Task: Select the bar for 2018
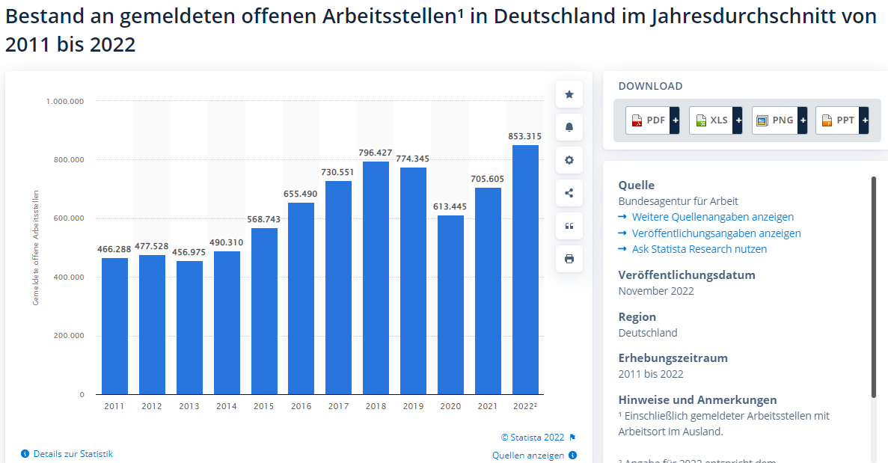click(x=376, y=278)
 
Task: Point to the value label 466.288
click(x=114, y=249)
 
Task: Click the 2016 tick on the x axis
click(x=301, y=406)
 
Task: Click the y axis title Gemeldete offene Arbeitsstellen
click(x=36, y=248)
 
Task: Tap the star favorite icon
click(x=569, y=94)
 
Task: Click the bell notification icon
click(x=569, y=127)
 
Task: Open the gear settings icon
click(x=569, y=160)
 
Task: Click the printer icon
click(x=569, y=259)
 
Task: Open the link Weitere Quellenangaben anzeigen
click(x=712, y=217)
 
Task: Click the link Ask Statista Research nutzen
click(x=699, y=249)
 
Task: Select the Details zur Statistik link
click(x=73, y=454)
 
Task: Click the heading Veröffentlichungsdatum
click(x=687, y=275)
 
